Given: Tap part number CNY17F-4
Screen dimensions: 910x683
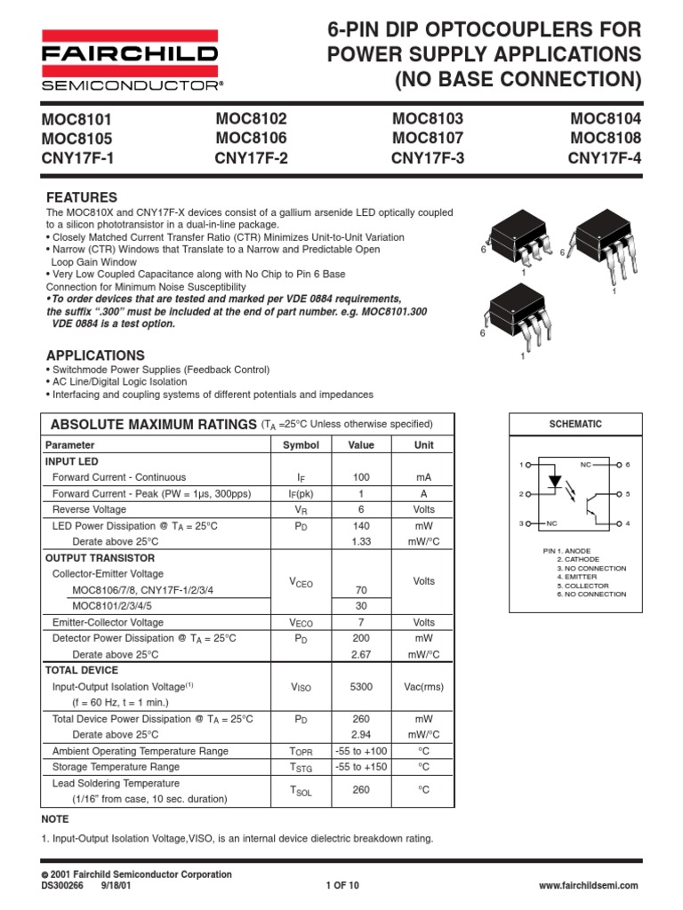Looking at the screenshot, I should [x=604, y=159].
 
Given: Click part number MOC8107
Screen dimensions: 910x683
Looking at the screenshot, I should [x=428, y=139].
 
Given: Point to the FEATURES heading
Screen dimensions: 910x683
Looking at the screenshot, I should [x=81, y=196].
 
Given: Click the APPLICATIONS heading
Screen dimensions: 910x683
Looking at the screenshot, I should [x=94, y=355].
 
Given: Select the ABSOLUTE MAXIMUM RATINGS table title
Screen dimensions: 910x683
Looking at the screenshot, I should [x=153, y=423].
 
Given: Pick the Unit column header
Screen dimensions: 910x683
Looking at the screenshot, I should [x=424, y=444].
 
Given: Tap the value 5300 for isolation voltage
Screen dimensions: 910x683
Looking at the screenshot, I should [x=361, y=687].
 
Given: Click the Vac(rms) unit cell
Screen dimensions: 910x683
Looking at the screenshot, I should [x=424, y=687].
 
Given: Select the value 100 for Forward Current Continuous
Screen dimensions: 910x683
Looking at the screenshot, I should [x=361, y=477].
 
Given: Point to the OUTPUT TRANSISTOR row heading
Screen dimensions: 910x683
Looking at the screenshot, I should [x=100, y=557].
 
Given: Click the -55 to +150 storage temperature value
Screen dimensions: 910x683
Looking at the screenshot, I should [x=361, y=766].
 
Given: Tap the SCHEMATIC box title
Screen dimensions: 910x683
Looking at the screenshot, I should [x=575, y=425].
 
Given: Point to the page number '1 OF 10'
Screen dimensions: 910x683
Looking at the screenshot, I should [x=342, y=886].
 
